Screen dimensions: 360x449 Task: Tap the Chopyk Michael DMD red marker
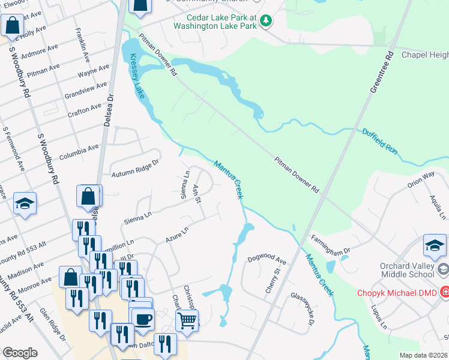pos(445,293)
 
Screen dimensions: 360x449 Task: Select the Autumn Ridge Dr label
pos(135,169)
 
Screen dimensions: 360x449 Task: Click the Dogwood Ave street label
pos(267,259)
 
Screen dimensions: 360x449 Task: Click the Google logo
pos(20,353)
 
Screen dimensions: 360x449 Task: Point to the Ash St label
pos(197,193)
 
